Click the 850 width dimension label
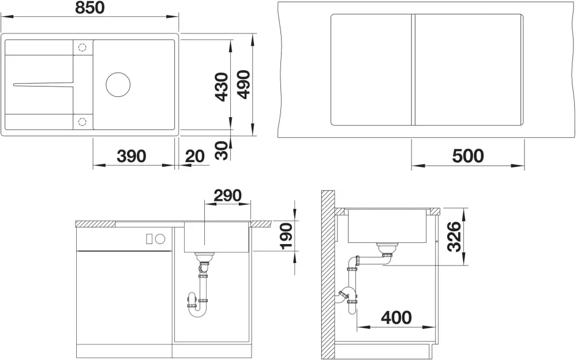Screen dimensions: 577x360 click(x=89, y=7)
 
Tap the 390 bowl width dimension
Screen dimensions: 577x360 click(x=132, y=156)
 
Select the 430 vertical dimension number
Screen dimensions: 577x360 click(x=222, y=87)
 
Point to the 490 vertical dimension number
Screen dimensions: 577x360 click(x=243, y=85)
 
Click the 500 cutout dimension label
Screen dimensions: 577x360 click(x=468, y=156)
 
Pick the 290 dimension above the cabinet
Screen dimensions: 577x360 click(x=228, y=196)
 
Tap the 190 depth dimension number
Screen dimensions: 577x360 click(x=286, y=236)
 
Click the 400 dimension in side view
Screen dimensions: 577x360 click(x=396, y=317)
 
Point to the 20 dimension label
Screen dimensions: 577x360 click(x=194, y=156)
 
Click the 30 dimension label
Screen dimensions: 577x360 click(x=222, y=151)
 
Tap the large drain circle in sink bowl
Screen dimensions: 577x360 click(x=118, y=84)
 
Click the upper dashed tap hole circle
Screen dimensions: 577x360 click(x=82, y=47)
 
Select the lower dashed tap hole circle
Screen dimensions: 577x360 click(x=82, y=121)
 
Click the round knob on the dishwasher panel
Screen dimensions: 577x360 click(x=160, y=239)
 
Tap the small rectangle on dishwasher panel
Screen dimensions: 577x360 click(x=149, y=239)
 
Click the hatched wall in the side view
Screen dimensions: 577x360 click(x=328, y=275)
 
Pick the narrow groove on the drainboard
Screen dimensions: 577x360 click(x=43, y=84)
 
